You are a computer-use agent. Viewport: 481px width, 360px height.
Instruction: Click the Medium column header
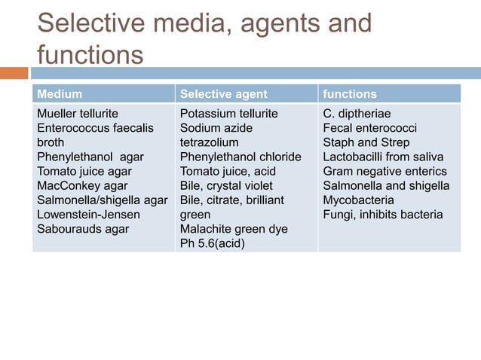[60, 94]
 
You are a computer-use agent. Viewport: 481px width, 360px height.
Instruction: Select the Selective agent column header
[223, 94]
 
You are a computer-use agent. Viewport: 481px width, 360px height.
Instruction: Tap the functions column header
[350, 94]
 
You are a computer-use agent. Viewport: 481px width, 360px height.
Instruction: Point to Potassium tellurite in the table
[228, 114]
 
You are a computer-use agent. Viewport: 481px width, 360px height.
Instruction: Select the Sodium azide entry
[216, 128]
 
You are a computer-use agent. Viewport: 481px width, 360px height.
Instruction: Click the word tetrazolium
[209, 142]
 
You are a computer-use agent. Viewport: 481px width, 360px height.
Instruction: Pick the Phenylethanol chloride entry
[240, 157]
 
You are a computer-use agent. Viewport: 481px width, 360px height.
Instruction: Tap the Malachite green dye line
[234, 228]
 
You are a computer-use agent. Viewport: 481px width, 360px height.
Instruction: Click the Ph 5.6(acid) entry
[212, 243]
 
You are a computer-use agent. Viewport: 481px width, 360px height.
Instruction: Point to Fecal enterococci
[370, 128]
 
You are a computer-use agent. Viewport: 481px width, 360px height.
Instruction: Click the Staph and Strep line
[366, 142]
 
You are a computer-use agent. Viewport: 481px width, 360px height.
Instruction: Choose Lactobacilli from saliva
[383, 157]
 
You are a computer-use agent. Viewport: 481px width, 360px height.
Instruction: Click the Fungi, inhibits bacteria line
[383, 214]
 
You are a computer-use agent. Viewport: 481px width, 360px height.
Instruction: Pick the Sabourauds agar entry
[83, 228]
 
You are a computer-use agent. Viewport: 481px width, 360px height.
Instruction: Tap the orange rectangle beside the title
[14, 73]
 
